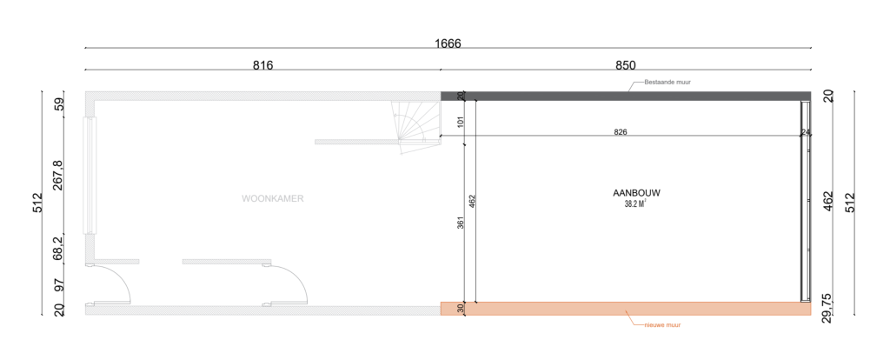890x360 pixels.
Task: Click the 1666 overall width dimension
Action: [448, 43]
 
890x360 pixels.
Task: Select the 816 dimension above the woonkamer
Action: [262, 65]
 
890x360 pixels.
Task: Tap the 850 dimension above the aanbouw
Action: [626, 65]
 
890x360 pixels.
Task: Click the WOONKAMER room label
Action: [273, 199]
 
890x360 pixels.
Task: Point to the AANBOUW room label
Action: [636, 193]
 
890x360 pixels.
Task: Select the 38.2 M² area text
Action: [635, 204]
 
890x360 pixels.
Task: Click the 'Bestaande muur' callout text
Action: [667, 83]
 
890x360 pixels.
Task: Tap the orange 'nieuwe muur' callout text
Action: [662, 325]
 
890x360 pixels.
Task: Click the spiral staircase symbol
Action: [416, 127]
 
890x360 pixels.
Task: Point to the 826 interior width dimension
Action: [621, 132]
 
